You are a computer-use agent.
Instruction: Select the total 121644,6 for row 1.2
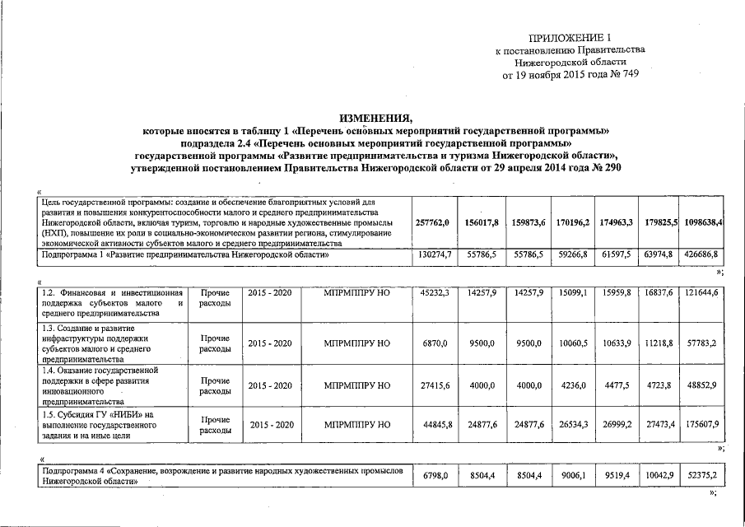coord(701,292)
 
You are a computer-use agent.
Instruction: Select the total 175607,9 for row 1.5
coord(701,425)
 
